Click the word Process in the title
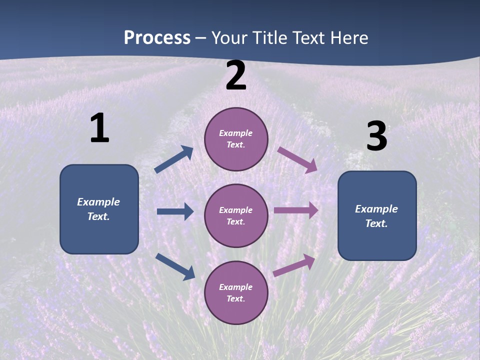(157, 38)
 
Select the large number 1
(99, 128)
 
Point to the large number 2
(236, 76)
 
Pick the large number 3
(376, 136)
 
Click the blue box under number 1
(99, 209)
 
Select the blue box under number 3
(377, 216)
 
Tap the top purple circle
(236, 139)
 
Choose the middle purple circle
(236, 215)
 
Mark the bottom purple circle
(236, 292)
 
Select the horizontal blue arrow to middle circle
(175, 212)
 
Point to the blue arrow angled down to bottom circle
(175, 266)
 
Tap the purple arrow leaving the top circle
(297, 159)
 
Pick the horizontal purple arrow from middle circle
(296, 210)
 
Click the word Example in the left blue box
(98, 202)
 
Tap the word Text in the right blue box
(376, 223)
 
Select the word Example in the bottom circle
(235, 287)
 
